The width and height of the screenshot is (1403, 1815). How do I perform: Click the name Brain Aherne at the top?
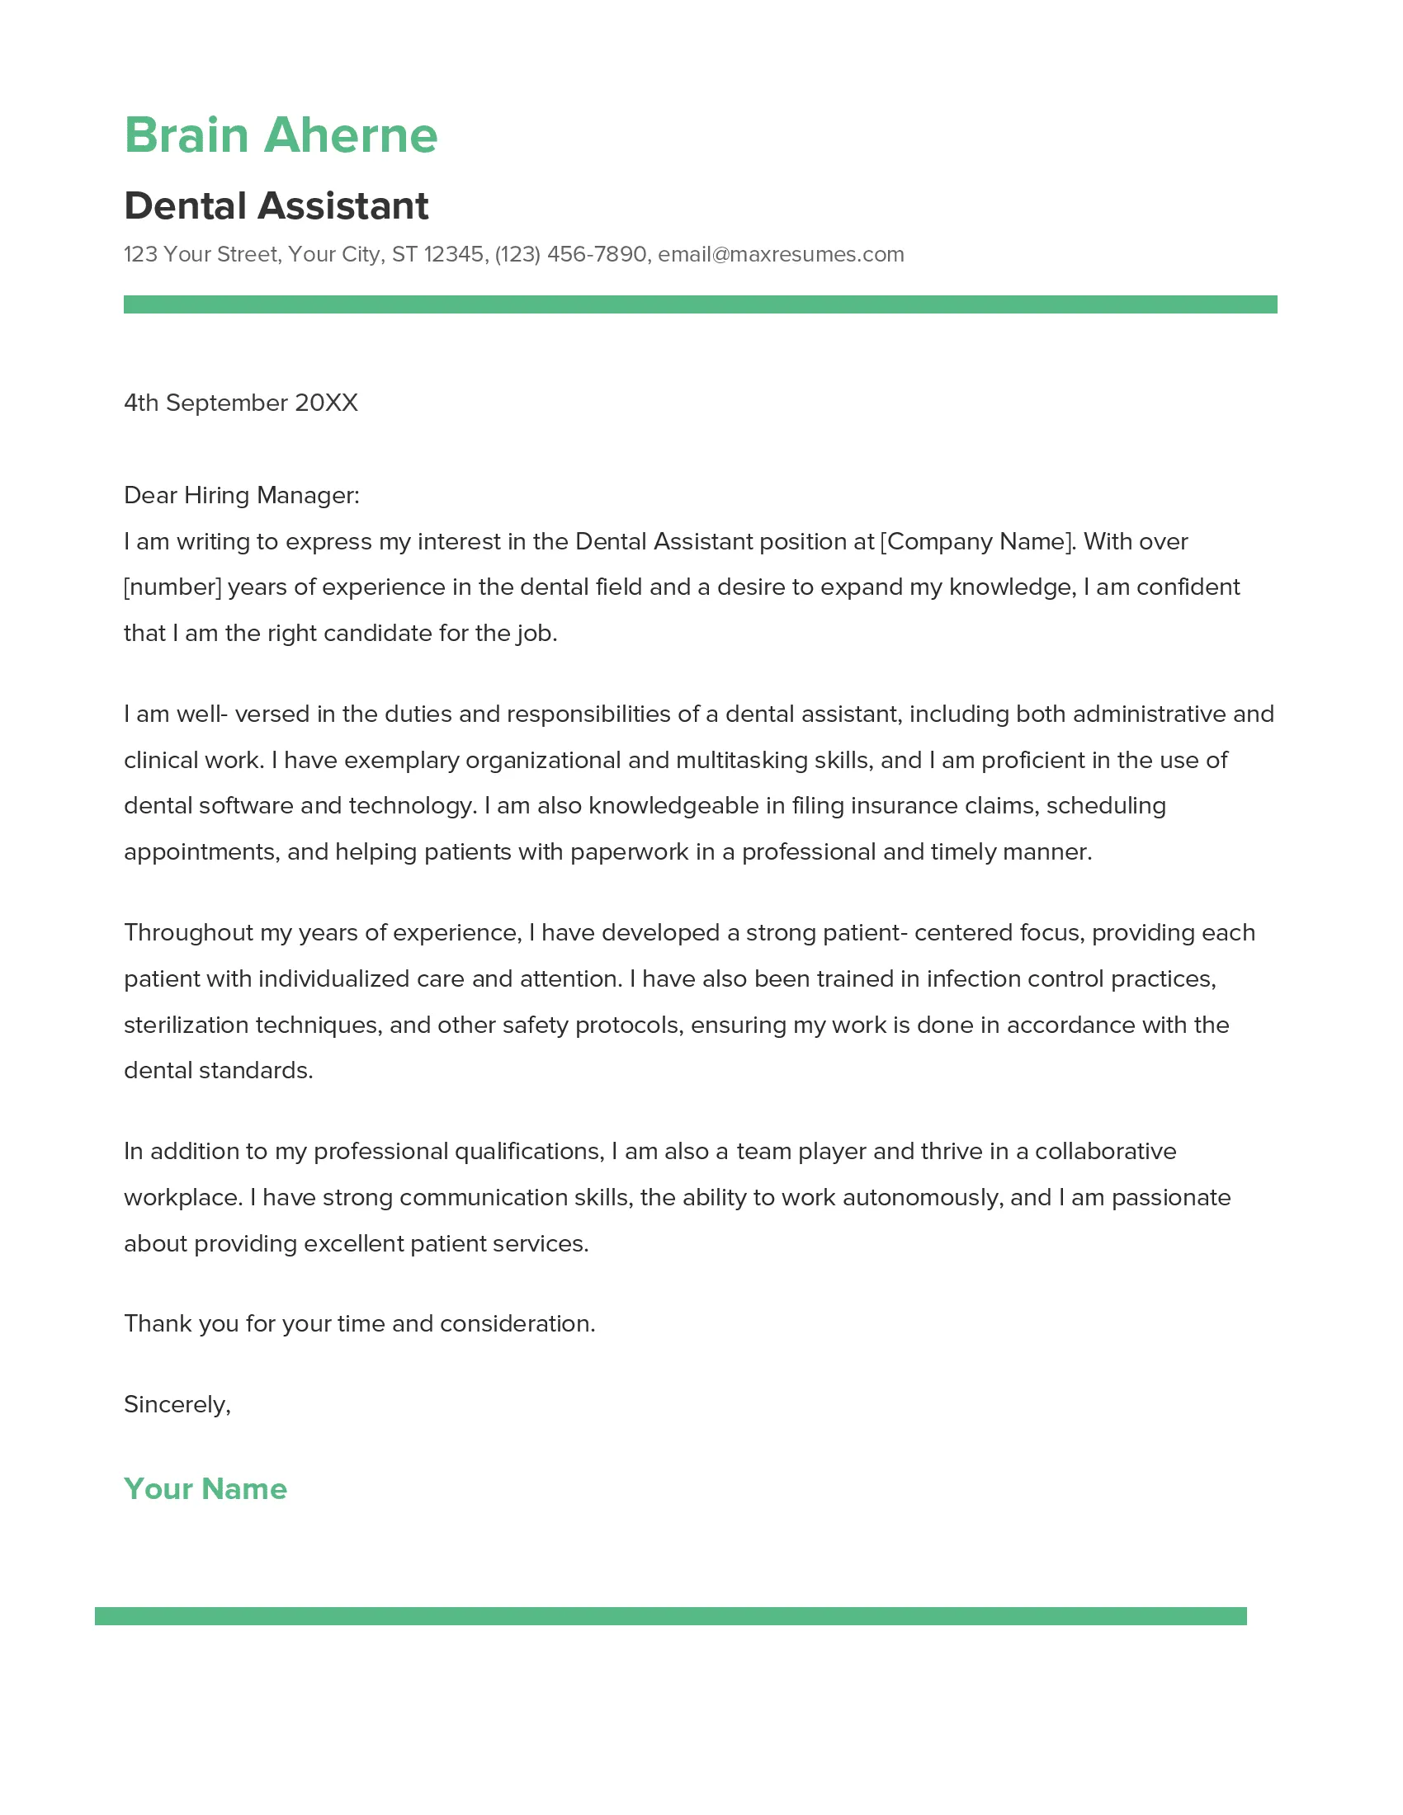pyautogui.click(x=280, y=135)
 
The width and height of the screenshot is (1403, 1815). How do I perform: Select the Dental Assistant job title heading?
pyautogui.click(x=276, y=206)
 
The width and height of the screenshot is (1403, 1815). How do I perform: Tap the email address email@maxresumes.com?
pyautogui.click(x=781, y=254)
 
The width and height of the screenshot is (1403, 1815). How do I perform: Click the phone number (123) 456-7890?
pyautogui.click(x=570, y=254)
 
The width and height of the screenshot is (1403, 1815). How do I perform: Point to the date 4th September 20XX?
pyautogui.click(x=240, y=403)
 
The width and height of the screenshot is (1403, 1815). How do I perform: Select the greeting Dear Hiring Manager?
pyautogui.click(x=241, y=495)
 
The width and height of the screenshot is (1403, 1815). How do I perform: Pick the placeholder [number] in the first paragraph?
pyautogui.click(x=172, y=587)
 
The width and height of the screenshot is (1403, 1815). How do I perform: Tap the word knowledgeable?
pyautogui.click(x=674, y=806)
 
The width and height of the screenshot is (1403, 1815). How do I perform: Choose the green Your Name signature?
pyautogui.click(x=205, y=1489)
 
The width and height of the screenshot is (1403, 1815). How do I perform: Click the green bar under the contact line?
pyautogui.click(x=700, y=304)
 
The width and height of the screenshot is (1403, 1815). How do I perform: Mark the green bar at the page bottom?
pyautogui.click(x=670, y=1616)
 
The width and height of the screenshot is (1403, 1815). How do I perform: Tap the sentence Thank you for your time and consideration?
pyautogui.click(x=359, y=1324)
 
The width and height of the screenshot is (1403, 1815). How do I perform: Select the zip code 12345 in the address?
pyautogui.click(x=454, y=254)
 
